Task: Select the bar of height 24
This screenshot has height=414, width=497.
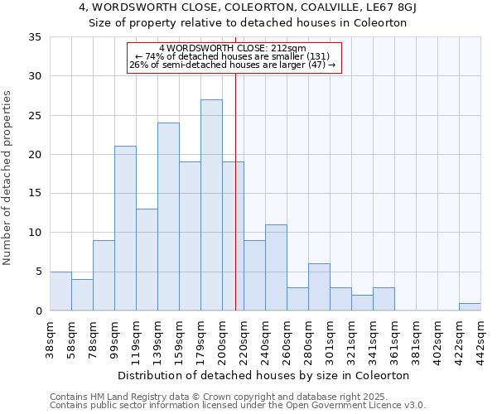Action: [168, 217]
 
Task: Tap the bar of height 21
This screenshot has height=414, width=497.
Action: [125, 229]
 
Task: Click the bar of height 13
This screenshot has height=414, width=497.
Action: [147, 260]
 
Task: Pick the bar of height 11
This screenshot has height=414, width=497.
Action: [276, 267]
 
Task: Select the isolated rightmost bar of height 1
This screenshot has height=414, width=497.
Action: [470, 307]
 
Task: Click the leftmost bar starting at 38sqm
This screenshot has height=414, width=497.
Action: [60, 291]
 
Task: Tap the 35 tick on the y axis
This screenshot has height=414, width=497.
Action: [35, 37]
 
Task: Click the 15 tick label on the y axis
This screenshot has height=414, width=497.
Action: [35, 194]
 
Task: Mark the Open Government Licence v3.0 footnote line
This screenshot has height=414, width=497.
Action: [238, 406]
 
